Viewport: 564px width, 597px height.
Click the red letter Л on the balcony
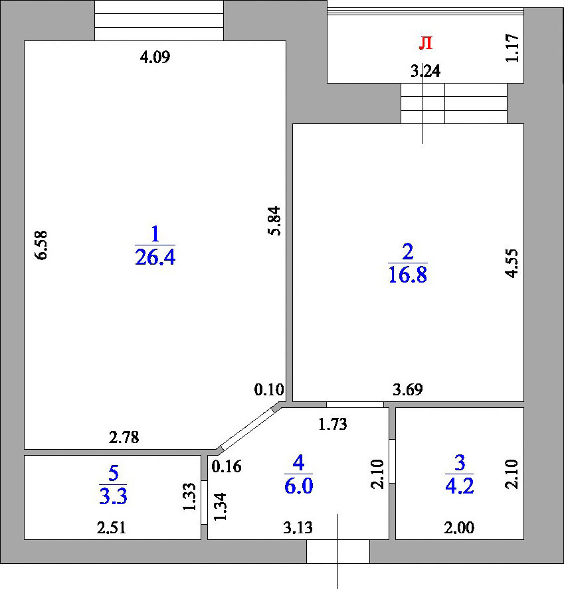(x=426, y=43)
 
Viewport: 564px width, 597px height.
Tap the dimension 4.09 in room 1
(x=155, y=58)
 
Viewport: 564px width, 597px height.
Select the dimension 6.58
(x=41, y=245)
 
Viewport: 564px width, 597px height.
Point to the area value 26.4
(x=155, y=257)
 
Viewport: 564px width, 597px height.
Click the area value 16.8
(x=408, y=275)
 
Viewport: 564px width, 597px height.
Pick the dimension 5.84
(x=274, y=221)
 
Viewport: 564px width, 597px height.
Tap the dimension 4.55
(x=512, y=263)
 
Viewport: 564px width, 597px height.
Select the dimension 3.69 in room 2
(x=408, y=390)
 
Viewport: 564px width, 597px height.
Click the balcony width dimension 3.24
(x=426, y=71)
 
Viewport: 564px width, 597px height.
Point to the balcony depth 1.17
(x=512, y=48)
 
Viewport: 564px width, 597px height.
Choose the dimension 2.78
(x=124, y=438)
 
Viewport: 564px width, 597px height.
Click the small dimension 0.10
(x=269, y=390)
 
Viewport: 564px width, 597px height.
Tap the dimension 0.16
(x=227, y=467)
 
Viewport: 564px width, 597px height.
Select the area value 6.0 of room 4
(x=298, y=486)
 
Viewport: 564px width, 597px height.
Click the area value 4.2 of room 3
(x=460, y=486)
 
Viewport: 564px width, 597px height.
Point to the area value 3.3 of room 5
(x=113, y=496)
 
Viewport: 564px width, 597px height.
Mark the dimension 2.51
(x=111, y=528)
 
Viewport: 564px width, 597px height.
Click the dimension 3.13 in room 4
(x=298, y=528)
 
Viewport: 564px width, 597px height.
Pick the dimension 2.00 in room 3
(x=459, y=528)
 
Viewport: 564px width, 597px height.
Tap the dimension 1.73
(x=333, y=424)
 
